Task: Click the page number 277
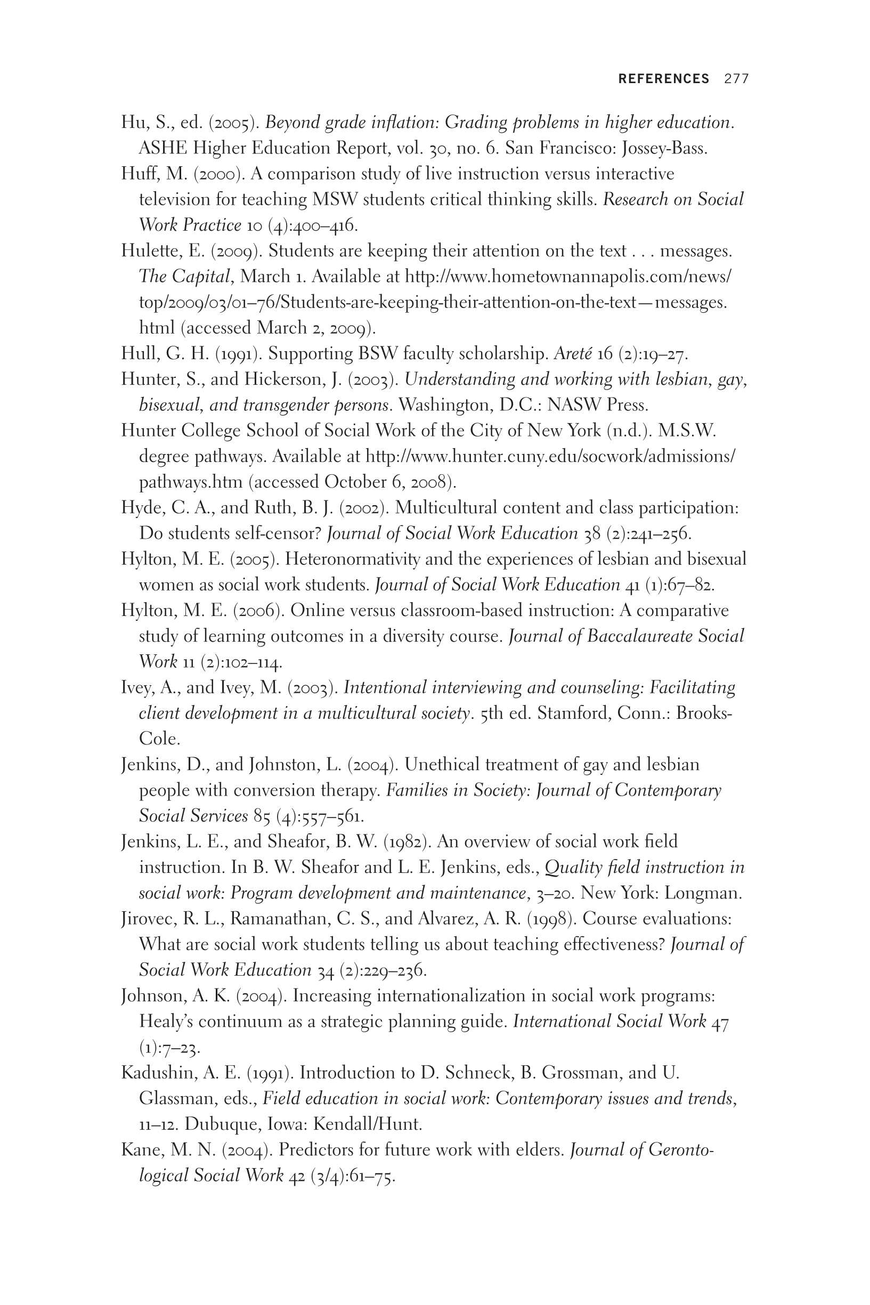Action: (736, 79)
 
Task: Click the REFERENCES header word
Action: (664, 79)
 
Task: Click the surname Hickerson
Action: (285, 379)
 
